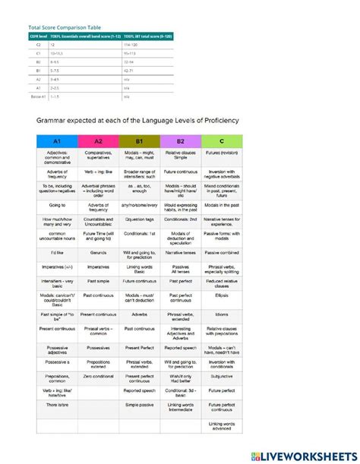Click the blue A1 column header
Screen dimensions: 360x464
point(57,142)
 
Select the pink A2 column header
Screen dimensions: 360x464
point(99,142)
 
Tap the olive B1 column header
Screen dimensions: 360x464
point(140,142)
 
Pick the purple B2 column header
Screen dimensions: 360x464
point(181,142)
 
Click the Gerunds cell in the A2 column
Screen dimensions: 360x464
point(99,251)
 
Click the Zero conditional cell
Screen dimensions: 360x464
point(99,377)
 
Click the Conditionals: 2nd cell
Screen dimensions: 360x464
point(181,219)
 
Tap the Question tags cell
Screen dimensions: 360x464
point(140,219)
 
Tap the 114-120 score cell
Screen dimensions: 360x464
point(131,46)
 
